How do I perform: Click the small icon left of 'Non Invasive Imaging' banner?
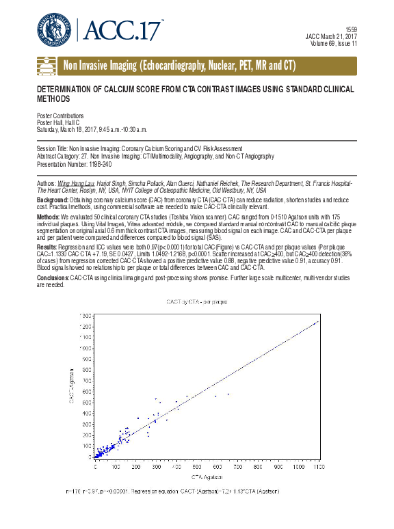click(x=46, y=66)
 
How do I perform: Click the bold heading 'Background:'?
click(x=55, y=200)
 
